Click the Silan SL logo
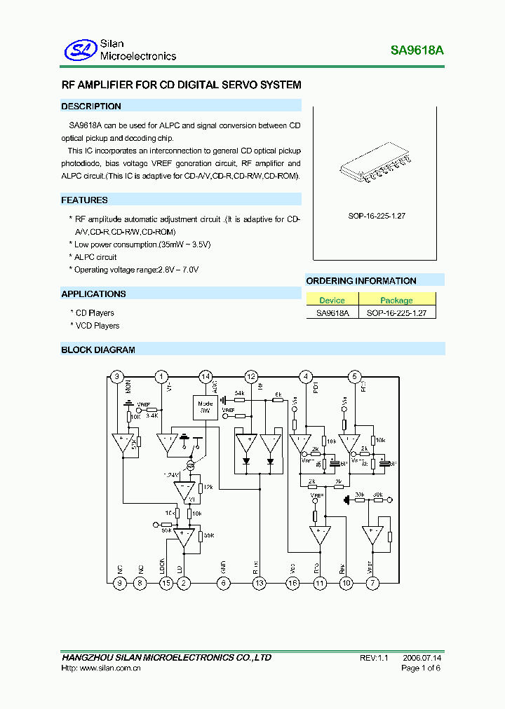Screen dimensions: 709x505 click(80, 49)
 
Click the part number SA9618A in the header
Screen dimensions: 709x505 click(417, 50)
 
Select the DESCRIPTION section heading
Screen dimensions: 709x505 click(91, 106)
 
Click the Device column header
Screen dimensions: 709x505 click(332, 301)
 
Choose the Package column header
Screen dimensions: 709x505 click(396, 301)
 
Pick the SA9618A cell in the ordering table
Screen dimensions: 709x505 click(332, 313)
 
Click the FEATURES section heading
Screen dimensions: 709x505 click(84, 200)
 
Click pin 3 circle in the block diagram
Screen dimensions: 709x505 click(118, 376)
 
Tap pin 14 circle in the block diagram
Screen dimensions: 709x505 click(206, 376)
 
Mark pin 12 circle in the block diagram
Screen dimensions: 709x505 click(251, 376)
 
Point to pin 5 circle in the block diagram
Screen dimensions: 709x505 click(354, 376)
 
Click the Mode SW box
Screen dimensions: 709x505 click(206, 407)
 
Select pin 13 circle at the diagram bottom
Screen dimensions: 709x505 click(260, 582)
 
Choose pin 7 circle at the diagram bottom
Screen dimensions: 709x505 click(372, 582)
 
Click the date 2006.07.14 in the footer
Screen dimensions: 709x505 click(422, 658)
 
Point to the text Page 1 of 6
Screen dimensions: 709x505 click(421, 668)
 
